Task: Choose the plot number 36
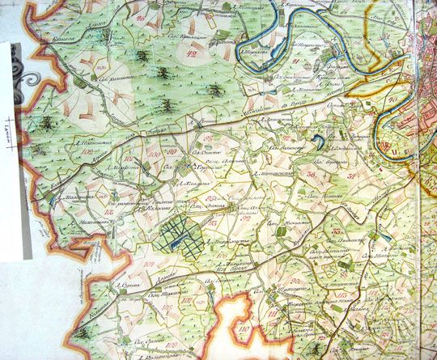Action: (x=310, y=173)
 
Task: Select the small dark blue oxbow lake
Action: (x=320, y=143)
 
